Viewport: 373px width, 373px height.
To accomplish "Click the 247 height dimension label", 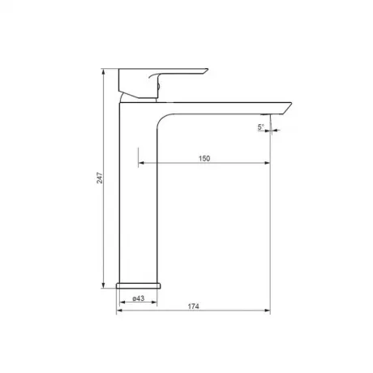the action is pos(100,178).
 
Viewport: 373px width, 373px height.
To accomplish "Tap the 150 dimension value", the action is pos(204,158).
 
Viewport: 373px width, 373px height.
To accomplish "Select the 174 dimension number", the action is pos(194,307).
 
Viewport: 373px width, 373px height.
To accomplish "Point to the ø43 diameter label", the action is pos(139,298).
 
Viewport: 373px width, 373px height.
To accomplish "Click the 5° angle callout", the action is pos(261,127).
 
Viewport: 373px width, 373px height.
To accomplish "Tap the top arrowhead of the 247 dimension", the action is pos(103,71).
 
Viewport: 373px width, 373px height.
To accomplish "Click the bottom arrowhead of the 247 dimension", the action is pos(103,285).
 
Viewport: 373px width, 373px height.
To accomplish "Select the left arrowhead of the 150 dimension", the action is pos(141,163).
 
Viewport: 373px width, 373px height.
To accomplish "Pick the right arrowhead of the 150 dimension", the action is pos(267,163).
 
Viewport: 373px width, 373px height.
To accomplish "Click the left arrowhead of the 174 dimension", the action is pos(119,311).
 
